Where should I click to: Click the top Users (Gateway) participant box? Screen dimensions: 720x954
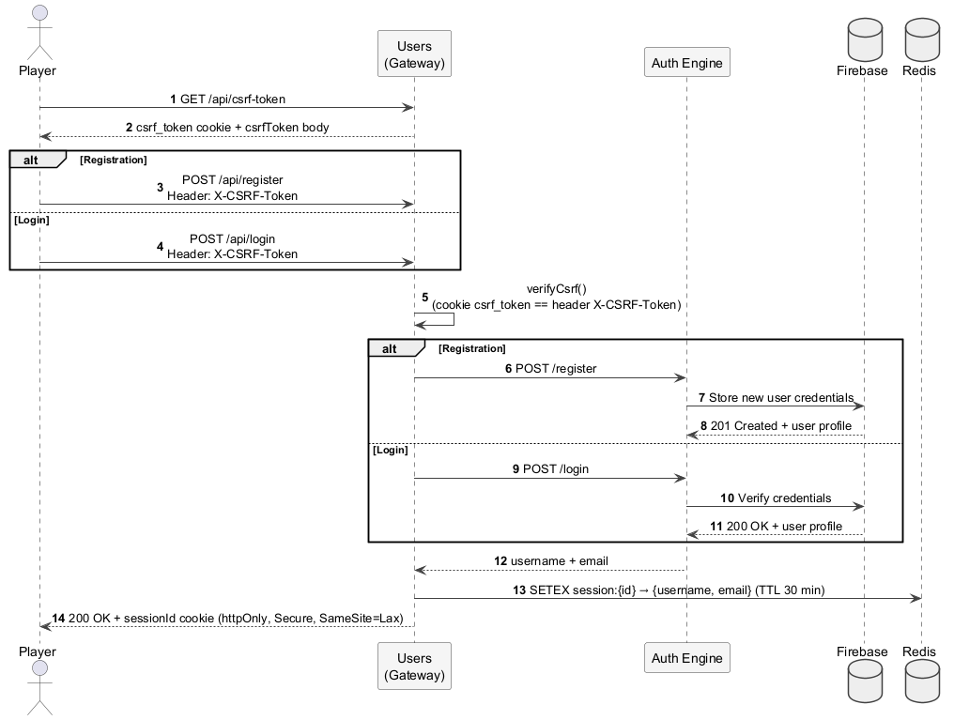click(414, 54)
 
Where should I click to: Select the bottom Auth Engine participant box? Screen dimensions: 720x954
click(686, 657)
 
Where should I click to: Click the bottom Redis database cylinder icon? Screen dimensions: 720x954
click(921, 682)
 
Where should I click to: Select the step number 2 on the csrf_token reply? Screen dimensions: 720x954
click(129, 127)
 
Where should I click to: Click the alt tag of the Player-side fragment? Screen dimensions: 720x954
click(32, 160)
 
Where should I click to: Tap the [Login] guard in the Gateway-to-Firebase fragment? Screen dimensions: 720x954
click(390, 450)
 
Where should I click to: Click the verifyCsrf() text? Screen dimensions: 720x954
click(556, 289)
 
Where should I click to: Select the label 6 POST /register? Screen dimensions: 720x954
click(550, 369)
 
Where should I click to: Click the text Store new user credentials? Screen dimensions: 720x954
click(780, 398)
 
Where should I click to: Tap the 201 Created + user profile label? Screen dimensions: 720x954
click(780, 426)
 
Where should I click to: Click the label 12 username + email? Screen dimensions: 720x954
click(551, 561)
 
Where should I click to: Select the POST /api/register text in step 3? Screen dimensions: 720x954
click(232, 180)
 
